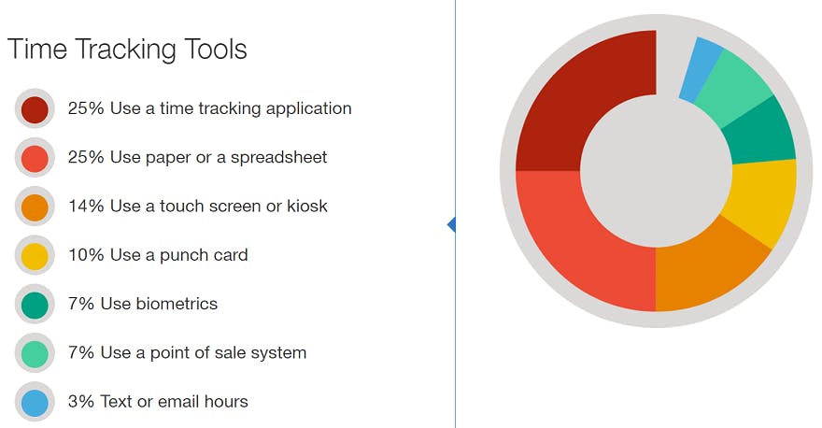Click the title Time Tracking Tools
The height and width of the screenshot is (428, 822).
click(x=127, y=50)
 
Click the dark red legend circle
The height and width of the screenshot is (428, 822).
click(x=35, y=109)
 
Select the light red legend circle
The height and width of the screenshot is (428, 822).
click(x=35, y=158)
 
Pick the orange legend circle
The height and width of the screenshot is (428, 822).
click(x=35, y=207)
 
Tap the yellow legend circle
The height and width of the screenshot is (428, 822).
click(x=35, y=256)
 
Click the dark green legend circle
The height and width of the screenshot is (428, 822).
click(x=35, y=305)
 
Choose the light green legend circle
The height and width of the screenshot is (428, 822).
click(x=35, y=353)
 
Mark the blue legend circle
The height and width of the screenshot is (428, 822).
click(x=35, y=402)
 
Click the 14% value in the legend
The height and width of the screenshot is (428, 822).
click(x=86, y=207)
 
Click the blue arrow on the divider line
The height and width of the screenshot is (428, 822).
click(x=451, y=224)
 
